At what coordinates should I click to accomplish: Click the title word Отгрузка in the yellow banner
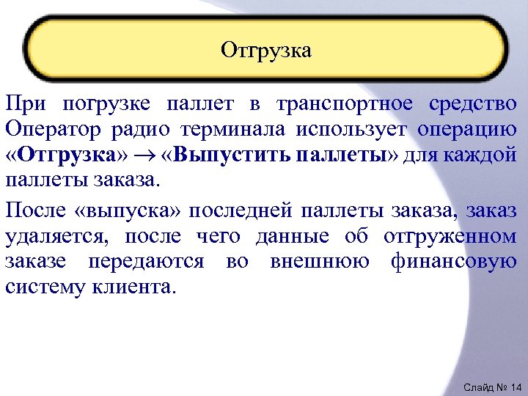point(265,50)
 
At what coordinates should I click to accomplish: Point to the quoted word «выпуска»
point(111,211)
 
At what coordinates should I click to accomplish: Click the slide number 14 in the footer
point(513,386)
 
